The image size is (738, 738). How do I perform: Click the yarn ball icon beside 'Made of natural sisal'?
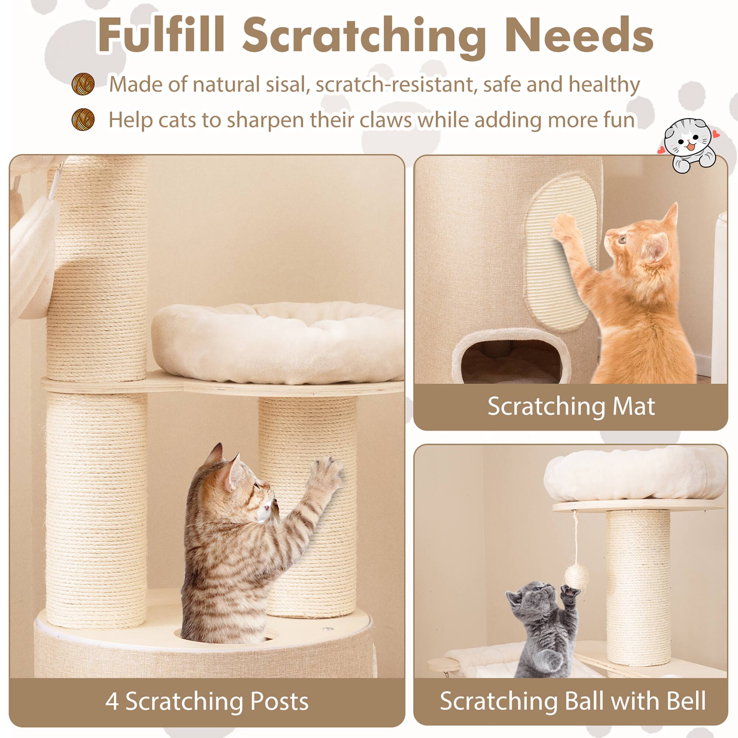point(83,84)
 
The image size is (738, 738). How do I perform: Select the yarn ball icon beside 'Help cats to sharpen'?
point(83,119)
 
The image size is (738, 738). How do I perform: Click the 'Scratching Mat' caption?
point(571,406)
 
